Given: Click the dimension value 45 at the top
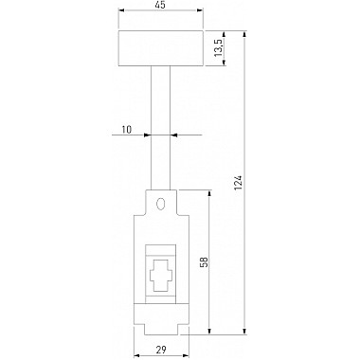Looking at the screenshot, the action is tap(161, 5).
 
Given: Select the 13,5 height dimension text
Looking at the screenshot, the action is tap(219, 47).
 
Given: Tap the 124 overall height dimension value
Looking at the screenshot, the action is tap(239, 183).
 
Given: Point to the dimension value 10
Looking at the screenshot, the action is tap(127, 130).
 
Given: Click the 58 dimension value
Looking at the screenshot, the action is tap(205, 261).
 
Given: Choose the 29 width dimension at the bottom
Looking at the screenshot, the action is tap(161, 350).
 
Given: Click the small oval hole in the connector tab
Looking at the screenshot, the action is tap(160, 204).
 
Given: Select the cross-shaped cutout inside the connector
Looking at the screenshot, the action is tap(161, 275).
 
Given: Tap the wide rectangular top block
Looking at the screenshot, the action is tap(161, 48).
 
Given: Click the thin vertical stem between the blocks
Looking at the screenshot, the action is tap(161, 128).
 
